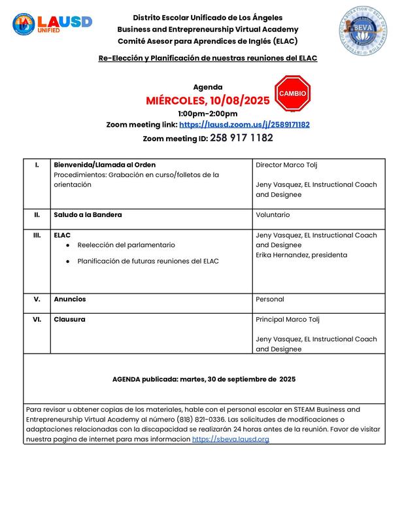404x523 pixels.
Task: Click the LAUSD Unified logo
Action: (x=52, y=24)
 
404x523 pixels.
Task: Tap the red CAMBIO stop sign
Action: (x=292, y=95)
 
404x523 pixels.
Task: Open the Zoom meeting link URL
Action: (x=244, y=124)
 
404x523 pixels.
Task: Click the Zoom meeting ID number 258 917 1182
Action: (x=241, y=138)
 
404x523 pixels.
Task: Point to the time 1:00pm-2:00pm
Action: (x=208, y=113)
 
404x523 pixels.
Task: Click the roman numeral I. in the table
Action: (x=37, y=164)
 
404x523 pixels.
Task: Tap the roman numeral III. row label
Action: (x=37, y=235)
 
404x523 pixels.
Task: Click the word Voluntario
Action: (x=273, y=214)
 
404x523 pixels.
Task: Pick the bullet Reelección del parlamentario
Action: (x=126, y=245)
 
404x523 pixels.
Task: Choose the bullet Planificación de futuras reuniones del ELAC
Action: (x=148, y=261)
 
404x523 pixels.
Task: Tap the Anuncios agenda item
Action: (x=70, y=299)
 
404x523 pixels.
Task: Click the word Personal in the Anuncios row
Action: (x=270, y=299)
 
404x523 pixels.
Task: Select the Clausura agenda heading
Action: (x=69, y=319)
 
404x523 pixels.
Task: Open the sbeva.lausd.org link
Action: (x=230, y=439)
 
